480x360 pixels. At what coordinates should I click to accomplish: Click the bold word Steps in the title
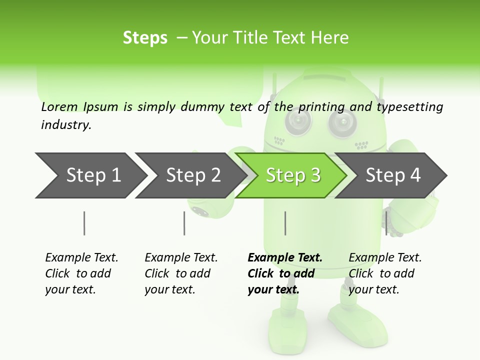(145, 38)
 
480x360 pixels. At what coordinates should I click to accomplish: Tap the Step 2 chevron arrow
(190, 175)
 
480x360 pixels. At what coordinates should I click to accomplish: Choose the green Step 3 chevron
(292, 175)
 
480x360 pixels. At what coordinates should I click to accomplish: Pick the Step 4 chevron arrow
(392, 175)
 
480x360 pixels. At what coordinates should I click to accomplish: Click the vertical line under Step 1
(84, 223)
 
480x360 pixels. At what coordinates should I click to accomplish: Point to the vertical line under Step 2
(184, 223)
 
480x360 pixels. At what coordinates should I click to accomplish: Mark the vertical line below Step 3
(285, 223)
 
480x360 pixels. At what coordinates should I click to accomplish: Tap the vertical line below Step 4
(386, 223)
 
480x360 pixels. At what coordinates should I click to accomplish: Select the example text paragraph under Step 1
(81, 273)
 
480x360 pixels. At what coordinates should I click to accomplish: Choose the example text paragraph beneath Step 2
(180, 273)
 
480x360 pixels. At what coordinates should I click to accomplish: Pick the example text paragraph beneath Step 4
(384, 273)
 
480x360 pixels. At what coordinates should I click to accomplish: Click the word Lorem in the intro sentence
(59, 107)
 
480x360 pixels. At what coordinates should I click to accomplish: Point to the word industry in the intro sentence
(66, 124)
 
